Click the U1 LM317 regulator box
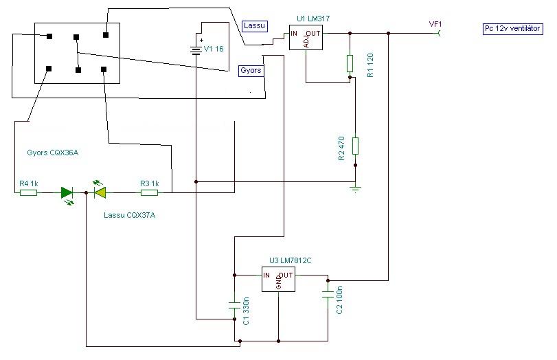click(306, 38)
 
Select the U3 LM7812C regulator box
click(278, 280)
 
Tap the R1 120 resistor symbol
click(350, 64)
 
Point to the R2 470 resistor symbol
click(355, 146)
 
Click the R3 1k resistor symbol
click(150, 192)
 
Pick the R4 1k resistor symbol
click(28, 192)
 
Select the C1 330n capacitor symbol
click(234, 305)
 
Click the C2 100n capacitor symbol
click(328, 294)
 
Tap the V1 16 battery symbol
click(196, 50)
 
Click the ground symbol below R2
click(355, 188)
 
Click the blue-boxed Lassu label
click(254, 26)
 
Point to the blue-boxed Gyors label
click(251, 70)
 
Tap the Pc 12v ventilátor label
click(513, 29)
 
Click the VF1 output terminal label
click(435, 24)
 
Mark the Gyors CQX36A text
click(53, 153)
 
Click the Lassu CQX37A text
click(129, 215)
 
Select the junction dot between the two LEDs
click(87, 192)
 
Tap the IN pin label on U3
click(266, 275)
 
